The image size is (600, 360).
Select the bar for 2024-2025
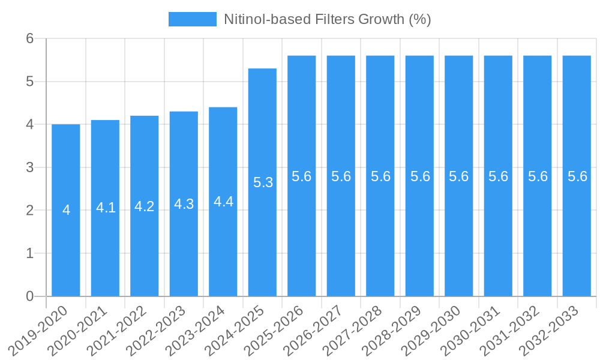tap(262, 240)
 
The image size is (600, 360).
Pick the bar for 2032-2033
tap(577, 240)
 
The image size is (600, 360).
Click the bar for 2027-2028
tap(380, 240)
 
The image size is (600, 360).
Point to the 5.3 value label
tap(263, 183)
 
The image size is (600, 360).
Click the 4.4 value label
tap(223, 202)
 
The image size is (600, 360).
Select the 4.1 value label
tap(106, 208)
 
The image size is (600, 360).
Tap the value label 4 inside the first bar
tap(66, 211)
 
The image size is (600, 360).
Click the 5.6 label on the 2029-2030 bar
tap(459, 176)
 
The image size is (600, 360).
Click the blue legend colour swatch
tap(192, 19)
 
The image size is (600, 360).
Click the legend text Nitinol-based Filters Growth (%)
tap(327, 19)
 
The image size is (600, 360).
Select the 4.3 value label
tap(184, 204)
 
